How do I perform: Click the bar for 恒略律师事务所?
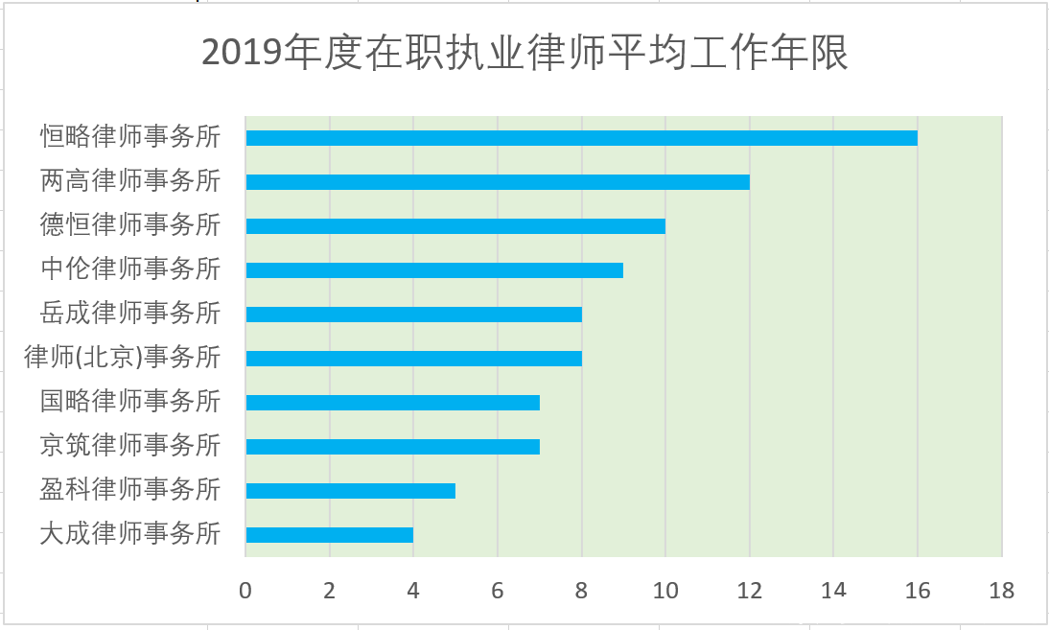pyautogui.click(x=581, y=138)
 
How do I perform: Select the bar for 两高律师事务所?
pyautogui.click(x=497, y=182)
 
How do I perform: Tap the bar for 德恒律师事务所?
pyautogui.click(x=455, y=226)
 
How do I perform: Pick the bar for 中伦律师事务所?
pyautogui.click(x=434, y=270)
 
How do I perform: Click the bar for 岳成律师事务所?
pyautogui.click(x=413, y=315)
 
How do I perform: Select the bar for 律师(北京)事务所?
pyautogui.click(x=413, y=359)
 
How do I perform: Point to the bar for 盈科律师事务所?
pyautogui.click(x=350, y=491)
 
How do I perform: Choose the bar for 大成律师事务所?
pyautogui.click(x=329, y=535)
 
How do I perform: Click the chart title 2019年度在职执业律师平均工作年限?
pyautogui.click(x=524, y=54)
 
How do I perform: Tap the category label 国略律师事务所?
pyautogui.click(x=130, y=401)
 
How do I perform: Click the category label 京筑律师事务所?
pyautogui.click(x=130, y=445)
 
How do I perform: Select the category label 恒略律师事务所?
pyautogui.click(x=130, y=136)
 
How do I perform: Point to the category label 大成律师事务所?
pyautogui.click(x=130, y=533)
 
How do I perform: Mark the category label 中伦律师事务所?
pyautogui.click(x=130, y=268)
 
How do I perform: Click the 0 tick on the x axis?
pyautogui.click(x=245, y=591)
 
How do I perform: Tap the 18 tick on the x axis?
pyautogui.click(x=1002, y=591)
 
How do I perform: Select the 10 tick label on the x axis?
pyautogui.click(x=665, y=591)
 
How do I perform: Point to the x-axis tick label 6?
pyautogui.click(x=498, y=591)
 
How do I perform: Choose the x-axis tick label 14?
pyautogui.click(x=833, y=591)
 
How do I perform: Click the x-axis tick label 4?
pyautogui.click(x=413, y=591)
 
